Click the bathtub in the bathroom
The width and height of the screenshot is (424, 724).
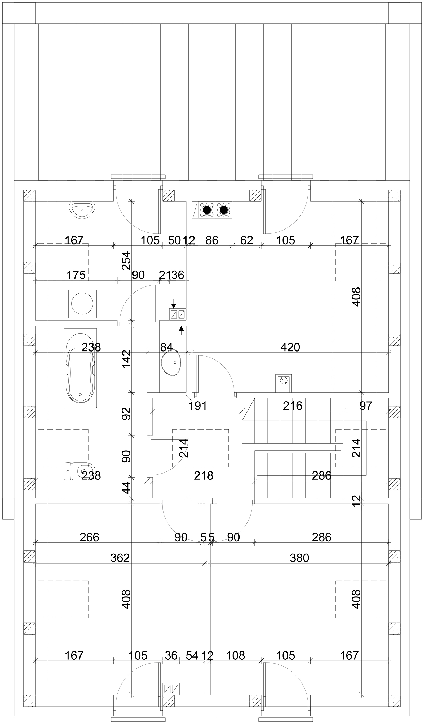(x=80, y=368)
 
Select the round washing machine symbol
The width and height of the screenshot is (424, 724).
(x=82, y=304)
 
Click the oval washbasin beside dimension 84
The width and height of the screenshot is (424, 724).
(x=172, y=363)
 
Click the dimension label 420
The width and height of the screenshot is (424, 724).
(x=290, y=347)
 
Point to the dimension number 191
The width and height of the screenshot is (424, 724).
(x=198, y=406)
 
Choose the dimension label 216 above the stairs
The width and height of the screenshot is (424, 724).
(x=293, y=406)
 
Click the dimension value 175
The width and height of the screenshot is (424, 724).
(x=76, y=275)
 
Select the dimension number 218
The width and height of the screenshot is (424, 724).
(x=204, y=475)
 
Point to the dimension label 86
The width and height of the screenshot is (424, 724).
(x=212, y=240)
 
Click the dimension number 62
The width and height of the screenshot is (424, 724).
(x=246, y=240)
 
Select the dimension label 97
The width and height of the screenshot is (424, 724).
(x=366, y=406)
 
